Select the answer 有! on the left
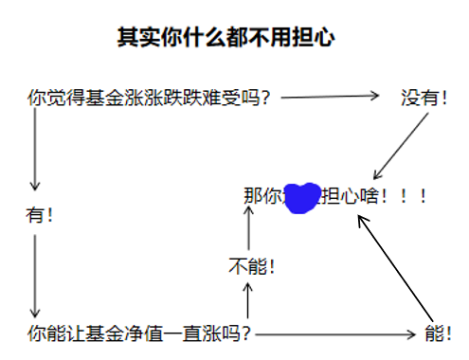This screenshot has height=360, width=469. click(39, 215)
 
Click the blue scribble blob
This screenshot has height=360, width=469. click(303, 196)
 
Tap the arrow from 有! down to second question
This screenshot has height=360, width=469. click(35, 275)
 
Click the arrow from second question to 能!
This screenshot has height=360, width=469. click(335, 334)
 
